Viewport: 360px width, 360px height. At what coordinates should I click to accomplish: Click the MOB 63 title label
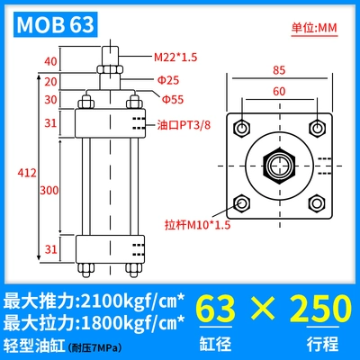pos(56,24)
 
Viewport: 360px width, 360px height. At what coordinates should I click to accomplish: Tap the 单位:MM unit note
pos(314,28)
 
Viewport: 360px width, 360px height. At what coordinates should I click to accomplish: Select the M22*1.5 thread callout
pos(175,57)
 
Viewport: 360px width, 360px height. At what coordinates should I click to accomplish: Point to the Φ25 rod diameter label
pos(168,80)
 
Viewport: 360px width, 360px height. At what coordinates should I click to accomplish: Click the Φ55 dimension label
pos(173,99)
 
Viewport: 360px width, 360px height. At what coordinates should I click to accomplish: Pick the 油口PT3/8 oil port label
pos(184,125)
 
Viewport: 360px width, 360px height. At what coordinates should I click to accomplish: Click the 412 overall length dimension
pos(27,173)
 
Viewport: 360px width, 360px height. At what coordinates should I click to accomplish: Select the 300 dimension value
pos(49,190)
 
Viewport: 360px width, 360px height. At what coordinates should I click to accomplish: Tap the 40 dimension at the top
pos(50,61)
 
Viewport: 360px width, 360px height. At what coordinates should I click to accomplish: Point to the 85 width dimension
pos(279,70)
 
